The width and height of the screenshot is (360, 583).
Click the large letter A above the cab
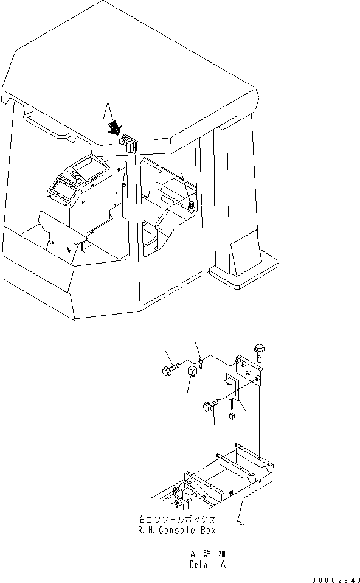coord(108,111)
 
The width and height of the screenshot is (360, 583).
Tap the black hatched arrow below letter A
coord(115,128)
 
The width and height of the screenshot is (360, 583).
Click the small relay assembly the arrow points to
coord(128,144)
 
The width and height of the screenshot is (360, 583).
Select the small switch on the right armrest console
coord(192,207)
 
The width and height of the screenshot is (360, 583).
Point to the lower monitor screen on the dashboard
coord(63,188)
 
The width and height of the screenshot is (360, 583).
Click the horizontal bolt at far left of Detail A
coord(170,369)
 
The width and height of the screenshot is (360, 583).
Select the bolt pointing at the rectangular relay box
coord(211,405)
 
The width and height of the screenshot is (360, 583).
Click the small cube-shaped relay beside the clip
coord(192,371)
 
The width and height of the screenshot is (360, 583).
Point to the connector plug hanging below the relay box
coord(232,415)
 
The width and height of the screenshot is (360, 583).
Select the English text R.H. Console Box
coord(177,530)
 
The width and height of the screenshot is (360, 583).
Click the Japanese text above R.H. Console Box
coord(176,519)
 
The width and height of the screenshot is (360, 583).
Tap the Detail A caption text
coord(208,565)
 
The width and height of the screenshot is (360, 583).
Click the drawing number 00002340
coord(336,580)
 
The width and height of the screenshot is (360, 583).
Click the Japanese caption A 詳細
coord(208,554)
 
